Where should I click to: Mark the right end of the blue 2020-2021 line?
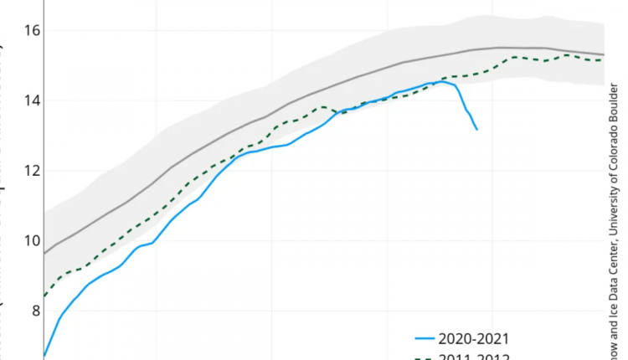476,130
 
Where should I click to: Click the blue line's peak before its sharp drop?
441,81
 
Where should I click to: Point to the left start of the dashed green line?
43,296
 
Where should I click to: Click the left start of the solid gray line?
43,253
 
